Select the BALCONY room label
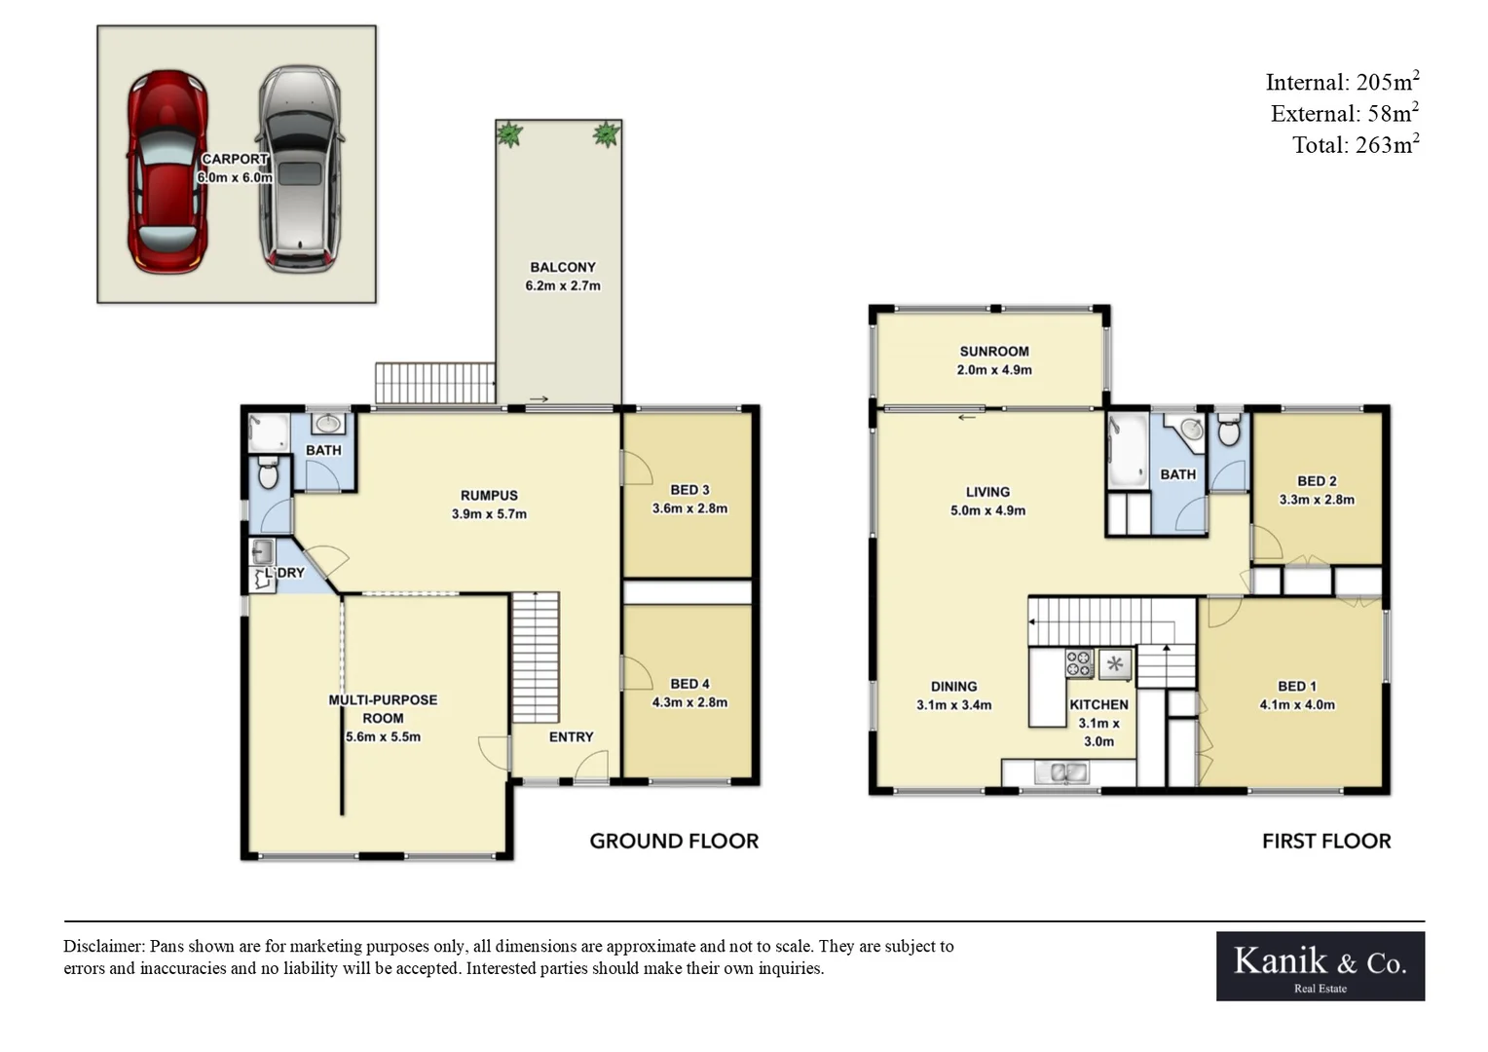point(562,267)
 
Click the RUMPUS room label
point(489,495)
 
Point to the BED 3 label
point(689,490)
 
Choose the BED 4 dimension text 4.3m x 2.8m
point(689,702)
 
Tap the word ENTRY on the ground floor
point(571,737)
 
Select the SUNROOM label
point(993,352)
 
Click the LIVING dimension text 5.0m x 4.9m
point(987,510)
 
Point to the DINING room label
point(953,687)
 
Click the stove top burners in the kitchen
point(1079,663)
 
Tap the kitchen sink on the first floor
point(1061,773)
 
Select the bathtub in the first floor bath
point(1128,450)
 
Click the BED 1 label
point(1296,687)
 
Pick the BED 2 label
point(1317,481)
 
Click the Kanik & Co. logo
point(1320,965)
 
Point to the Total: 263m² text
point(1355,145)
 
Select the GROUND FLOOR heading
point(674,842)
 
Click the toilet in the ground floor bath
point(268,474)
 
